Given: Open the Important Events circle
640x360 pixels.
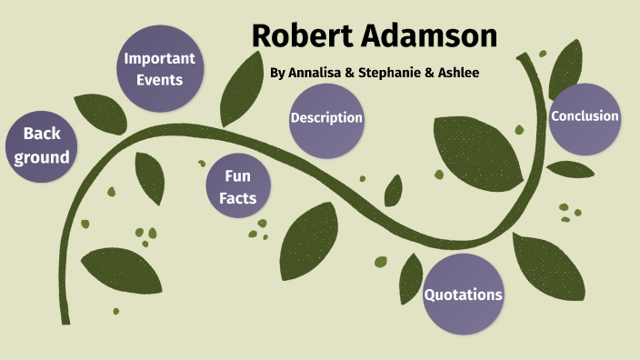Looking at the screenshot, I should (160, 68).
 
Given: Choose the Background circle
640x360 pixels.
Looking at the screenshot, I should (42, 145).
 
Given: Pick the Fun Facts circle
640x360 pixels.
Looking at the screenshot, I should (237, 186).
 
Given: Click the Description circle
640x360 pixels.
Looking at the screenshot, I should (326, 119).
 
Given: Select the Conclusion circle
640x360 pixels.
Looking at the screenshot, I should (585, 117).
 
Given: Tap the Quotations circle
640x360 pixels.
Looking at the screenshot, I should (464, 294).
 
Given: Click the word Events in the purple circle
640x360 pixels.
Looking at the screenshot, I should (160, 80).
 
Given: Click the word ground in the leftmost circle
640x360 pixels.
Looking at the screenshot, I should (42, 157).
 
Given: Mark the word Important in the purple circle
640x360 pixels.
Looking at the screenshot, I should (160, 59).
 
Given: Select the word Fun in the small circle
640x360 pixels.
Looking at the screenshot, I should (237, 175).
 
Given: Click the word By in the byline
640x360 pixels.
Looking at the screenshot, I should (277, 73).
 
